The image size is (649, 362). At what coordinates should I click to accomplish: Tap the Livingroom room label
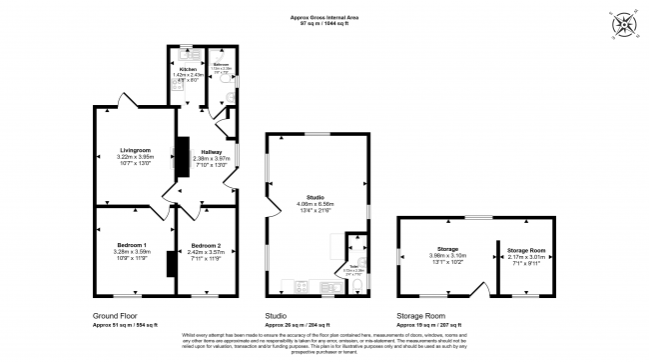coord(133,150)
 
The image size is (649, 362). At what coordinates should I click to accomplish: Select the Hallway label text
coord(211,152)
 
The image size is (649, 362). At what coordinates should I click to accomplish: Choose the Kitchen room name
coord(188,69)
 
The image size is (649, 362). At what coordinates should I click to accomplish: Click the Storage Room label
coord(525,250)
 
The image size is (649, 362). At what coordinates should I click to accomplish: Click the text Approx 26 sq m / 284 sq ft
coord(299,325)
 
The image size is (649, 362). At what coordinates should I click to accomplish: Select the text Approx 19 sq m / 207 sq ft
coord(429,325)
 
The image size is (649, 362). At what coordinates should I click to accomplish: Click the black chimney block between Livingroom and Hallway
coord(182,158)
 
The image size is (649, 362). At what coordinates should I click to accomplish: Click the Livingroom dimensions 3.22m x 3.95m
coord(133,158)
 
